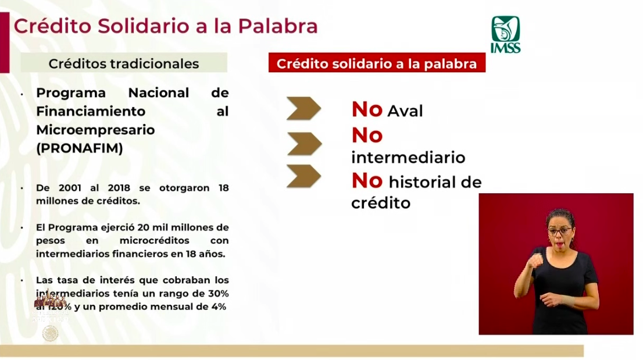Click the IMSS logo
coord(505,34)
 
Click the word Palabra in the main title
coord(281,26)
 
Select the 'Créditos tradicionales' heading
coord(123,63)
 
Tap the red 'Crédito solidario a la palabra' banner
coord(377,63)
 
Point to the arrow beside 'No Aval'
coord(303,109)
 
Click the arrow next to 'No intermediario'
coord(303,144)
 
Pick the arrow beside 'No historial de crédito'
coord(303,176)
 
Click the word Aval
coord(405,111)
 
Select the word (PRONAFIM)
coord(80,149)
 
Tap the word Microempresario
coord(95,130)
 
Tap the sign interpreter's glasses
coord(559,231)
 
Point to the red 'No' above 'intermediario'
coord(367,136)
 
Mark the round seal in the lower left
coord(51,333)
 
